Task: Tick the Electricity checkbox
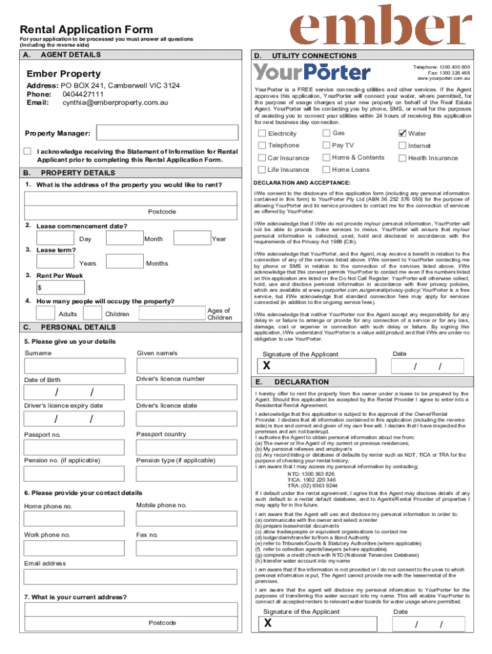(x=262, y=133)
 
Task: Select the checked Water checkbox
(x=402, y=133)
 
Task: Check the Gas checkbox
(x=326, y=133)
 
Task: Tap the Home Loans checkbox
(x=326, y=169)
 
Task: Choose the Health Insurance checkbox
(x=402, y=158)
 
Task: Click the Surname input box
(x=75, y=366)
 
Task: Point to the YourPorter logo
(x=312, y=72)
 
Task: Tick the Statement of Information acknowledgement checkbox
(x=27, y=151)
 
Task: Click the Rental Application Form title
(x=86, y=29)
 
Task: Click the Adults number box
(x=45, y=313)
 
